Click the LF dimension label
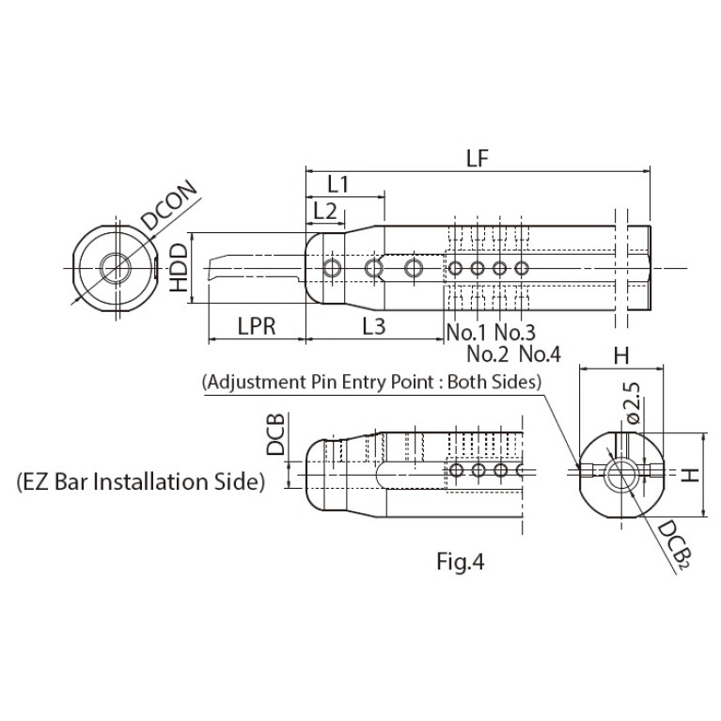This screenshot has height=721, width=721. [x=477, y=159]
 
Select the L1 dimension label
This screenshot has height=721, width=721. [x=338, y=185]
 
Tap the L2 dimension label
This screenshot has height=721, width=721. [x=325, y=212]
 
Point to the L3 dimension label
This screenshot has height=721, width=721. [x=374, y=326]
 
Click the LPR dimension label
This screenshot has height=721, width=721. [x=257, y=326]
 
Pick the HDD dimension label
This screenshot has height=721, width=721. [x=179, y=268]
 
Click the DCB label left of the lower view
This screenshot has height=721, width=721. [x=275, y=433]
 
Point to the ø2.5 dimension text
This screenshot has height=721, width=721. [x=634, y=403]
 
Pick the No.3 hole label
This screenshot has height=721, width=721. [x=515, y=332]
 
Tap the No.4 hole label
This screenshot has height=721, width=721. [x=541, y=354]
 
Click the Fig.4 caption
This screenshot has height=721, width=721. [x=461, y=561]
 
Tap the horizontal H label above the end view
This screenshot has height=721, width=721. [x=621, y=355]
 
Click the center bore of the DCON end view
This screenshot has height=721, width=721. [x=117, y=268]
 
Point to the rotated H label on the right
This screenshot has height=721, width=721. [x=690, y=475]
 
